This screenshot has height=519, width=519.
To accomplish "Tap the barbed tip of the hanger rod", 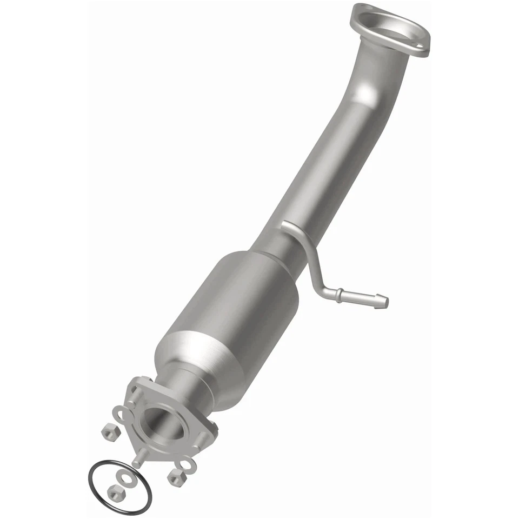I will (x=382, y=298).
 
